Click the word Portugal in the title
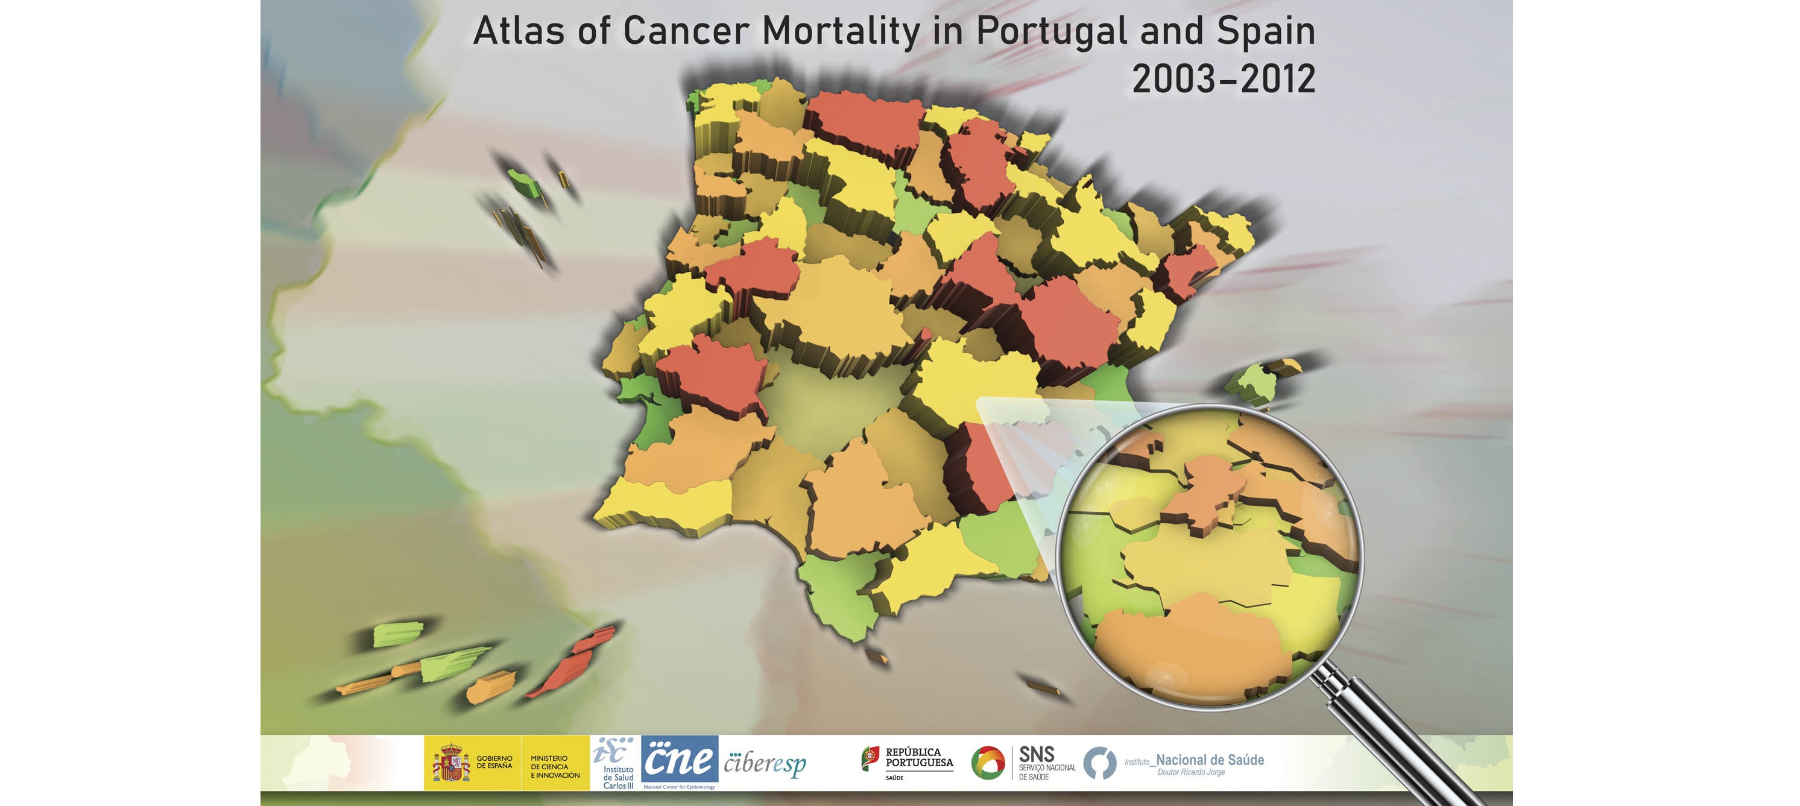pyautogui.click(x=1051, y=31)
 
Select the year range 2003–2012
pyautogui.click(x=1223, y=79)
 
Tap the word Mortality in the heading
pyautogui.click(x=841, y=31)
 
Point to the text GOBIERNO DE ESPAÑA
pyautogui.click(x=494, y=762)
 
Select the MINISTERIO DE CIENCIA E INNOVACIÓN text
pyautogui.click(x=554, y=766)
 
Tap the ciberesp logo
pyautogui.click(x=765, y=764)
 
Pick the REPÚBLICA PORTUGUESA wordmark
pyautogui.click(x=918, y=758)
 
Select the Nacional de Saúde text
pyautogui.click(x=1209, y=760)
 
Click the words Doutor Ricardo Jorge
pyautogui.click(x=1191, y=772)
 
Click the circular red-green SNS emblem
pyautogui.click(x=987, y=763)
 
